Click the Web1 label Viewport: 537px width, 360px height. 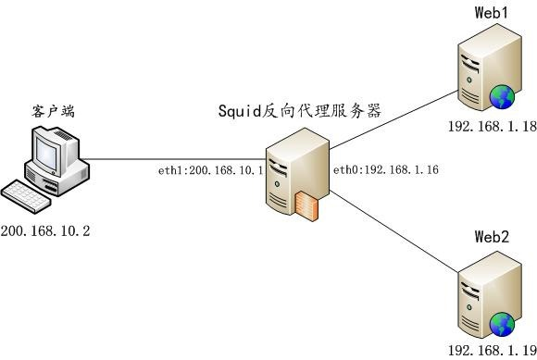[492, 12]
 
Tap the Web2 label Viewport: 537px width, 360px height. [492, 237]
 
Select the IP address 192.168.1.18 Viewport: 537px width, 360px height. [492, 128]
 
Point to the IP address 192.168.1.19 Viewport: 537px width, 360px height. [492, 351]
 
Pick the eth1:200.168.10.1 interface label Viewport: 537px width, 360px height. [211, 170]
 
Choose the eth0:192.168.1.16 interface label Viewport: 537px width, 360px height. [385, 170]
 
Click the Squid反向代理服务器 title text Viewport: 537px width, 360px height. [300, 112]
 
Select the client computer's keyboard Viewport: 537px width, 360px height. [29, 195]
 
